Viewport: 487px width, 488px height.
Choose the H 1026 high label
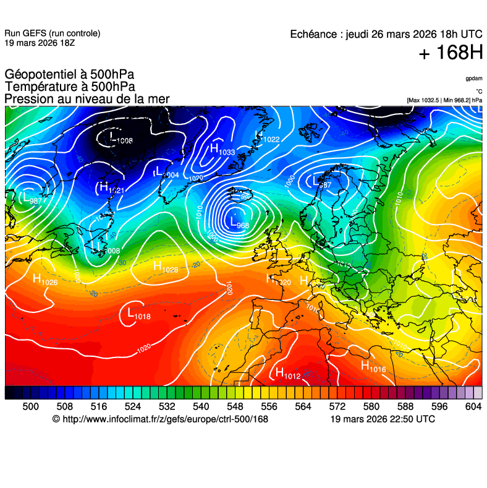point(45,280)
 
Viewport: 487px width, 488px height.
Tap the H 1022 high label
point(267,137)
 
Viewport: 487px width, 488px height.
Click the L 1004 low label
point(166,173)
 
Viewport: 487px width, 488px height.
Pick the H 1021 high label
point(112,188)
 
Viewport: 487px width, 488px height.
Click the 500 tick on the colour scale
point(30,406)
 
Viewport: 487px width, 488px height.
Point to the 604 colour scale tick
point(473,406)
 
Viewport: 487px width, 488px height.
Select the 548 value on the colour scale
point(235,406)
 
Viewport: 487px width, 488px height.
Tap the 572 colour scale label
point(337,406)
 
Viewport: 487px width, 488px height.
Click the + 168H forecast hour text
point(450,53)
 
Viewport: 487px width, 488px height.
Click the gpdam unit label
point(474,79)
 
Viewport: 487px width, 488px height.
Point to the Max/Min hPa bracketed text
point(444,100)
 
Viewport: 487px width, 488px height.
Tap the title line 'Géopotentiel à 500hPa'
point(69,75)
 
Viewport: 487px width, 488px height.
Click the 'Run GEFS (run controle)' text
point(52,33)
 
